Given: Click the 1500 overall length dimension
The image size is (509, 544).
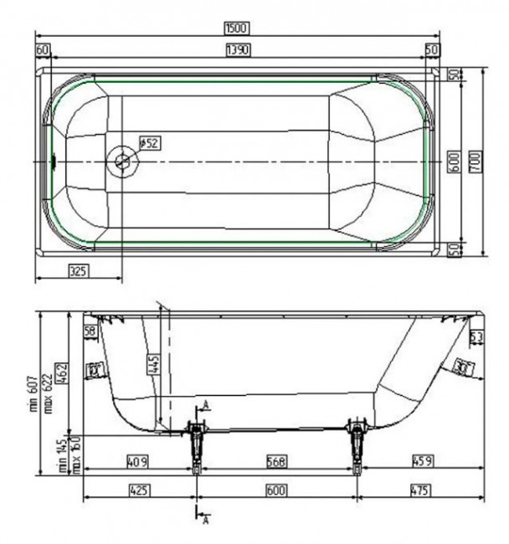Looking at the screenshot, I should pyautogui.click(x=237, y=28).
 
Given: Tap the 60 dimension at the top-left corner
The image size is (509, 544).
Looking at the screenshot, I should pyautogui.click(x=42, y=50).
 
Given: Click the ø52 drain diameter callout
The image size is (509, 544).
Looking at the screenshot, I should pyautogui.click(x=148, y=143).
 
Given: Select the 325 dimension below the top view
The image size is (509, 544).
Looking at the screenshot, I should pyautogui.click(x=77, y=269).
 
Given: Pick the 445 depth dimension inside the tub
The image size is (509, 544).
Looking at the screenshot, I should pyautogui.click(x=152, y=362).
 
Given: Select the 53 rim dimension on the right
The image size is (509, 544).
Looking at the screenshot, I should pyautogui.click(x=476, y=336).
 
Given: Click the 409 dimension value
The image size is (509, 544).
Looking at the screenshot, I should pyautogui.click(x=137, y=459).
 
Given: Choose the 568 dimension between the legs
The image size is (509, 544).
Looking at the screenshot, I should pyautogui.click(x=277, y=459).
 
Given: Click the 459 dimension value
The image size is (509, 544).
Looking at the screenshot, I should pyautogui.click(x=421, y=459).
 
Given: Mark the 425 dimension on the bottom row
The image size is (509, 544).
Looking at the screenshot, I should pyautogui.click(x=137, y=490).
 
